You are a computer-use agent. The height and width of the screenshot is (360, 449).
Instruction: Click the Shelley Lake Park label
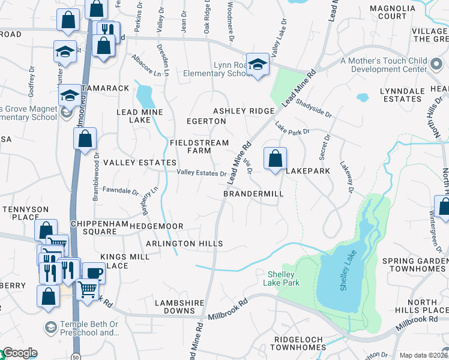coord(283,278)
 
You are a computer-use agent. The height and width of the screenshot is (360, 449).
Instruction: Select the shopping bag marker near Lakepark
coord(275,159)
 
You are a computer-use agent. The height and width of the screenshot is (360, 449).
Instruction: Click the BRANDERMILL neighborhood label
coord(253,194)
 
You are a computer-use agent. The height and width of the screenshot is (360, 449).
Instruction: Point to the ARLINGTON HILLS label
coord(184,244)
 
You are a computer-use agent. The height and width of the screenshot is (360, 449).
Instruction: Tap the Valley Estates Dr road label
coord(201,173)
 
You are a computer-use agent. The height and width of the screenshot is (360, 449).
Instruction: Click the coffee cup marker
coord(93,273)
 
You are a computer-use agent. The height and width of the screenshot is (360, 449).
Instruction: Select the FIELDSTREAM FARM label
coord(199,147)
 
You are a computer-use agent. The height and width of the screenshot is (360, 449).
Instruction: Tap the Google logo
coord(19,353)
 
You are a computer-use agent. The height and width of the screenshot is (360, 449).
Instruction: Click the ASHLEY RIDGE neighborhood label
coord(244,111)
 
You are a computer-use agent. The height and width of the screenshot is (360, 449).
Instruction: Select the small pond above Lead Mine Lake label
coord(144,95)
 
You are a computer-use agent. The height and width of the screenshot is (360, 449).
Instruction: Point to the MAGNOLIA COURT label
coord(388,12)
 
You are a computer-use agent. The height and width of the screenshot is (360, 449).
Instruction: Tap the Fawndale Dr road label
coord(121,193)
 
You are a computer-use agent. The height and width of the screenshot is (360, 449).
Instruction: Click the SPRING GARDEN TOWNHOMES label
coord(414,265)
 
